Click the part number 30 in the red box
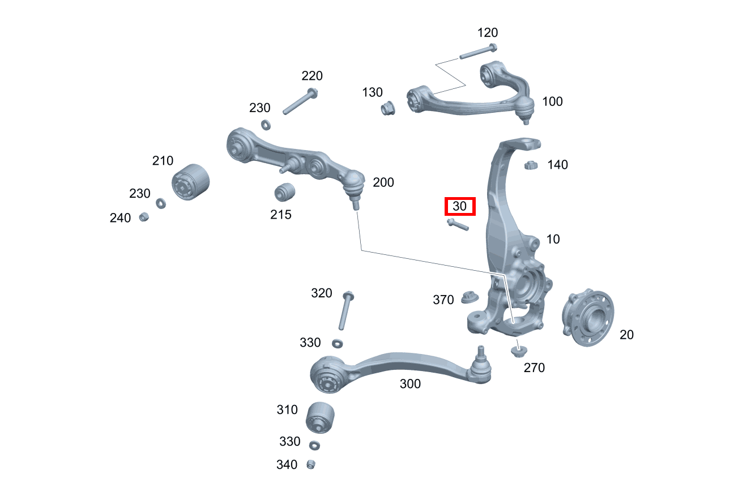pos(460,207)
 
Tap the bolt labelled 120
pos(479,52)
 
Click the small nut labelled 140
pos(530,165)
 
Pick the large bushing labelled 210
pos(190,181)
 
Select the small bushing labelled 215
pos(284,192)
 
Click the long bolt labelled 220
pos(300,101)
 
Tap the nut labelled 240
pos(144,216)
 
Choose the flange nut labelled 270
pos(517,351)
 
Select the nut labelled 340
pos(310,464)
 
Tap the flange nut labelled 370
pos(469,296)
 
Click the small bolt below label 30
pos(457,225)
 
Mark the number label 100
pos(552,101)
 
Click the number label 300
pos(410,384)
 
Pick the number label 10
pos(553,239)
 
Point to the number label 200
pos(383,182)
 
